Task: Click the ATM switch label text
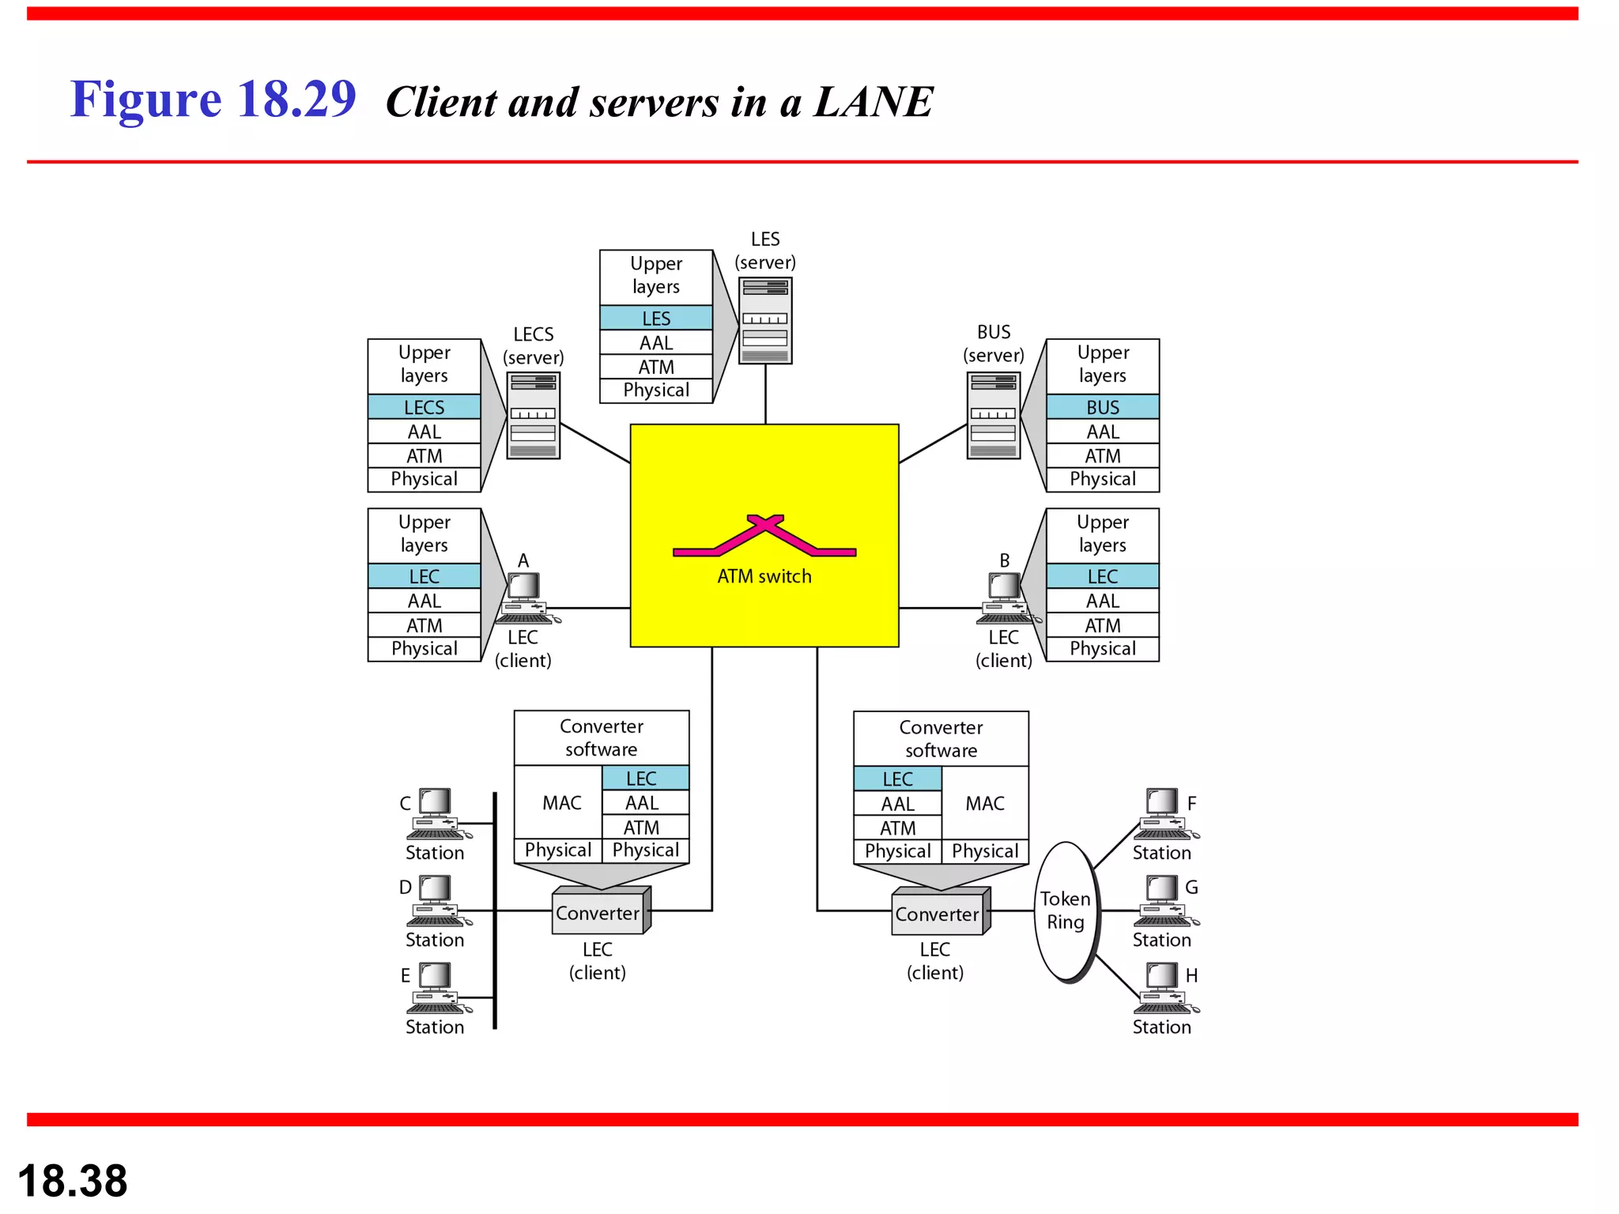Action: pyautogui.click(x=764, y=576)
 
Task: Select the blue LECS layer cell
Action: pyautogui.click(x=424, y=407)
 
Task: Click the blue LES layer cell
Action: pyautogui.click(x=656, y=318)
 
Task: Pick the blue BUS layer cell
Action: pyautogui.click(x=1102, y=407)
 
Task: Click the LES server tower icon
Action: pyautogui.click(x=765, y=321)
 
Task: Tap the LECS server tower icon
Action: pyautogui.click(x=533, y=416)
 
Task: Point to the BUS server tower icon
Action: pyautogui.click(x=994, y=416)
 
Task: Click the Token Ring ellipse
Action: pyautogui.click(x=1066, y=910)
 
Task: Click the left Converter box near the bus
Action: pyautogui.click(x=599, y=913)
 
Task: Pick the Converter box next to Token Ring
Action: pyautogui.click(x=939, y=914)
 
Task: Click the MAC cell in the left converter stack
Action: pyautogui.click(x=561, y=803)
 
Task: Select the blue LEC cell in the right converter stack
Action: pyautogui.click(x=897, y=779)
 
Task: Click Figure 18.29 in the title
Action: pyautogui.click(x=213, y=100)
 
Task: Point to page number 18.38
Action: pyautogui.click(x=73, y=1181)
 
